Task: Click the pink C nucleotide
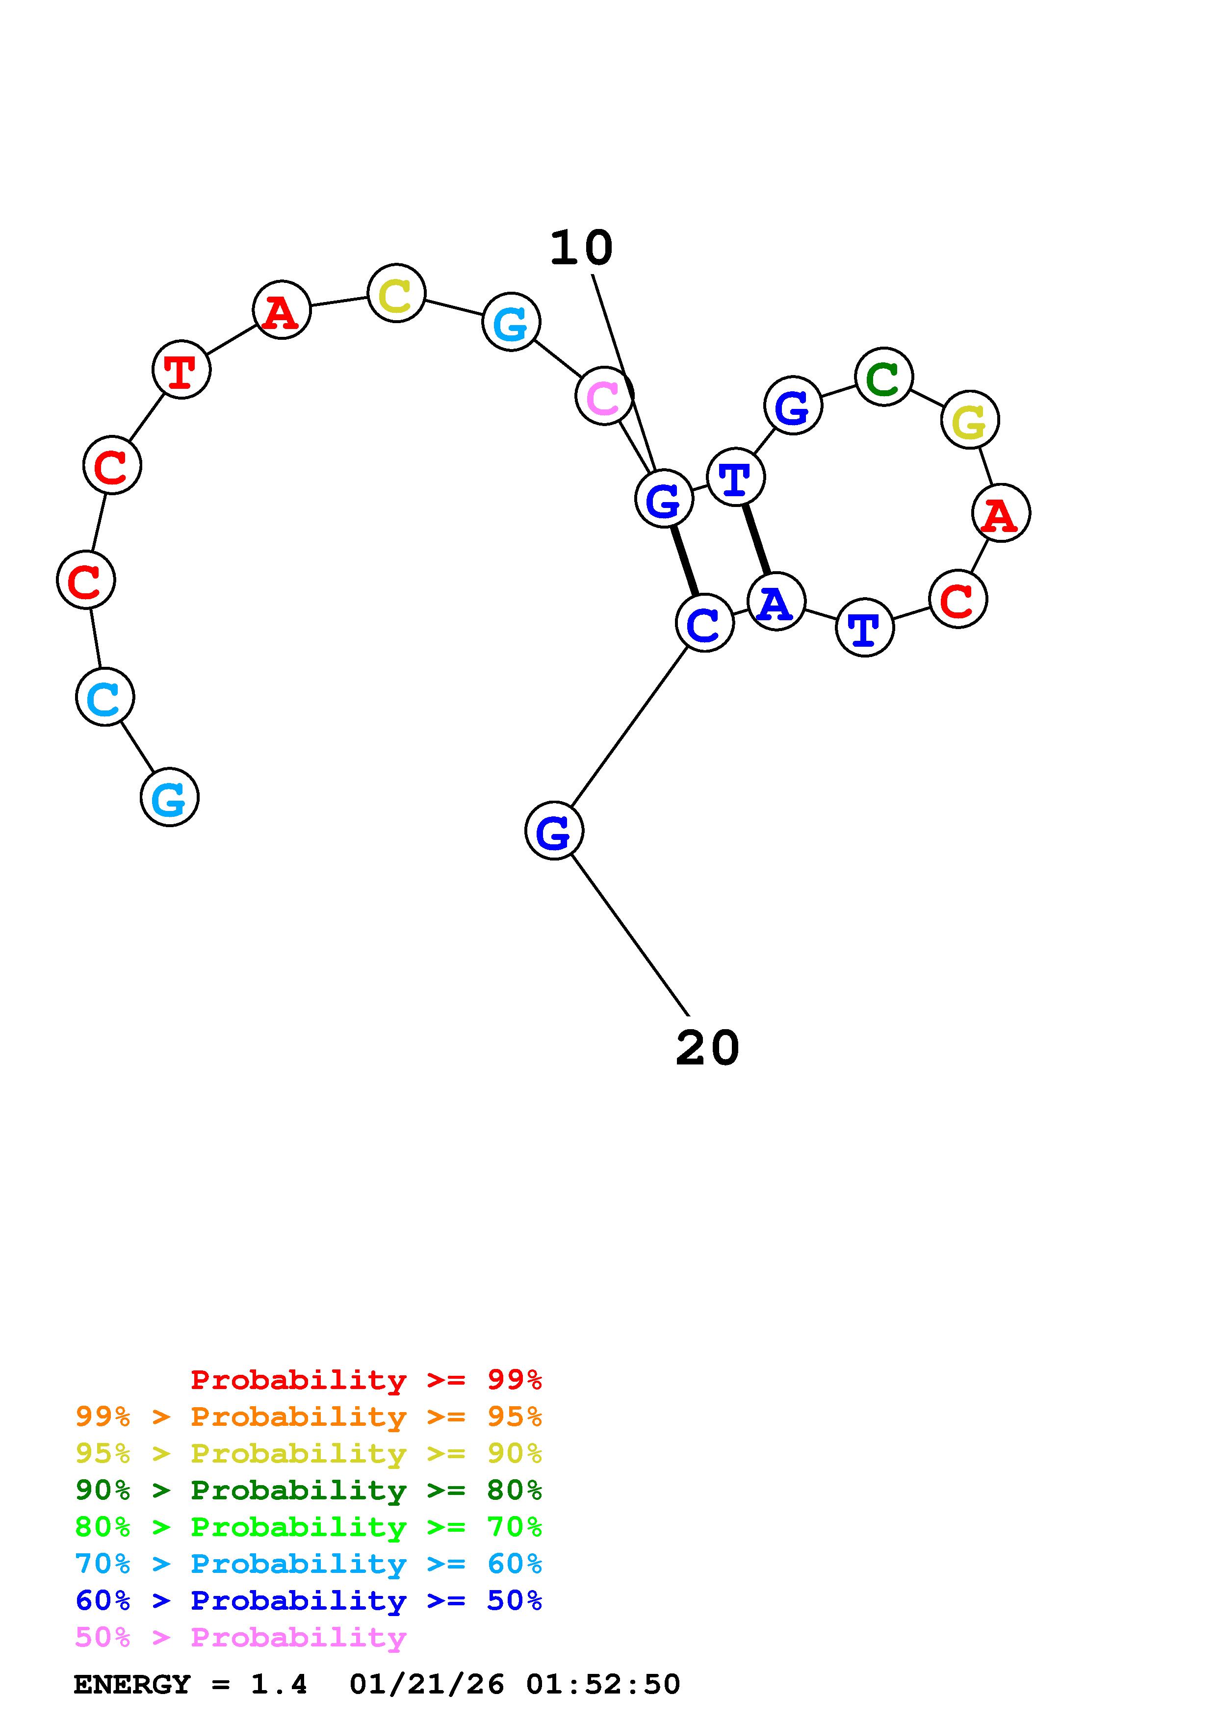[604, 396]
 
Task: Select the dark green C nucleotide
[883, 377]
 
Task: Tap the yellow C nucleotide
[396, 293]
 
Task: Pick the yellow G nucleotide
[969, 420]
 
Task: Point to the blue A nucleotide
[776, 602]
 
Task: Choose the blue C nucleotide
[703, 623]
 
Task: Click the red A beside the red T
[281, 310]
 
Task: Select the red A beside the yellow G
[1000, 513]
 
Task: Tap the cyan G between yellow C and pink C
[511, 322]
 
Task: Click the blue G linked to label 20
[554, 831]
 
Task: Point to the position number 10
[581, 248]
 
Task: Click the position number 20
[707, 1048]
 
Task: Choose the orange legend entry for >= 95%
[309, 1416]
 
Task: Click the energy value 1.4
[279, 1685]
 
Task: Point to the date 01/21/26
[427, 1685]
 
